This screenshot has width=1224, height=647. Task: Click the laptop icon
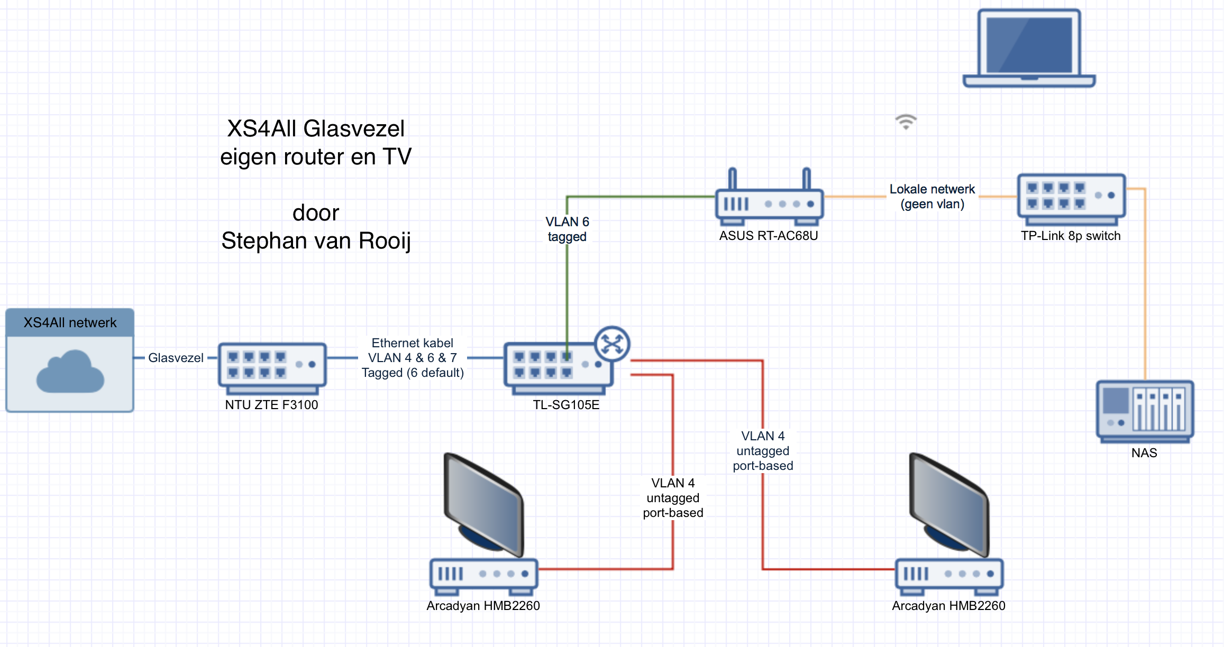(x=1029, y=48)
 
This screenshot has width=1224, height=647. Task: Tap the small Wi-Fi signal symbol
(x=906, y=122)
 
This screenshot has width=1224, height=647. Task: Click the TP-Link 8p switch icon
(x=1071, y=198)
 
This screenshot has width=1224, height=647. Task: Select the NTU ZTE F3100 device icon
(x=272, y=367)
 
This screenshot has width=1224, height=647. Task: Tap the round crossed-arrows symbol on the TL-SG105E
(x=612, y=344)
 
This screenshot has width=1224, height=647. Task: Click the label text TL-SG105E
(x=566, y=405)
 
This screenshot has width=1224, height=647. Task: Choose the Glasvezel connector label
(x=176, y=358)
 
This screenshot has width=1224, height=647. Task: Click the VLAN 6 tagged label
(x=567, y=229)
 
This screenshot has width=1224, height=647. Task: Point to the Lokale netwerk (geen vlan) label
(x=932, y=197)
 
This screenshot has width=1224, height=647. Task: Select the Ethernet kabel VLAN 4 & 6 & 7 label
(x=413, y=358)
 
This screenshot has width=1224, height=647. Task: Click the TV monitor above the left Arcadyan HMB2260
(x=483, y=505)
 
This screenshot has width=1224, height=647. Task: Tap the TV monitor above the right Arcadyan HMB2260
(x=949, y=505)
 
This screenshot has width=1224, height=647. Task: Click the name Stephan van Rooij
(x=316, y=241)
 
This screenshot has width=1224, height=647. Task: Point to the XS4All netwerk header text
(x=70, y=323)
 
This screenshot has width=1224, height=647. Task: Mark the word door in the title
(x=316, y=213)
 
